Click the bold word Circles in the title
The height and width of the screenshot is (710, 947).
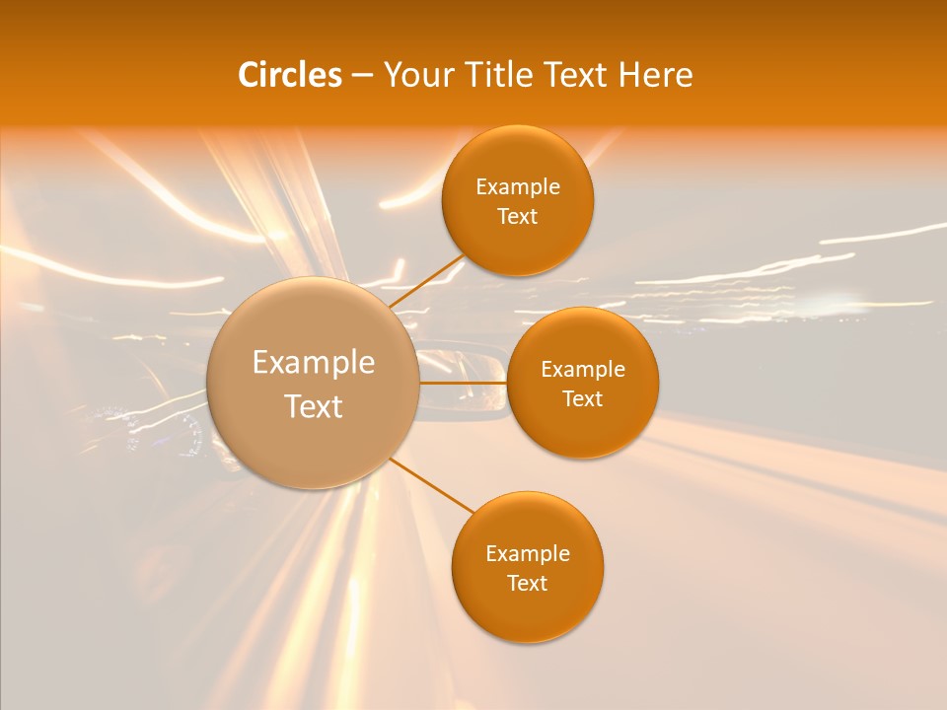[x=290, y=75]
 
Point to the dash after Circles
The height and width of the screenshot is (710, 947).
[x=362, y=76]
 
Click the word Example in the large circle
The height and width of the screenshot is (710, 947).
[x=314, y=363]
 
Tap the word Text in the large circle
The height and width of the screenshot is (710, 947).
[x=314, y=406]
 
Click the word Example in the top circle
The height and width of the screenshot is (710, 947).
[x=518, y=187]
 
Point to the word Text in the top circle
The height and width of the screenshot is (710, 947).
[x=518, y=217]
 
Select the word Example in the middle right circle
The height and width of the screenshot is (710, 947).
[x=583, y=370]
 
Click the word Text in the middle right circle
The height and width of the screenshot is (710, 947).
[x=583, y=399]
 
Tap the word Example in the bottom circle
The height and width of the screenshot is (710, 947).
[x=528, y=554]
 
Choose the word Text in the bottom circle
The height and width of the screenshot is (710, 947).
[x=528, y=584]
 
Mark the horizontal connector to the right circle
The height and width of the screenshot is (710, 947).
[x=464, y=382]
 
